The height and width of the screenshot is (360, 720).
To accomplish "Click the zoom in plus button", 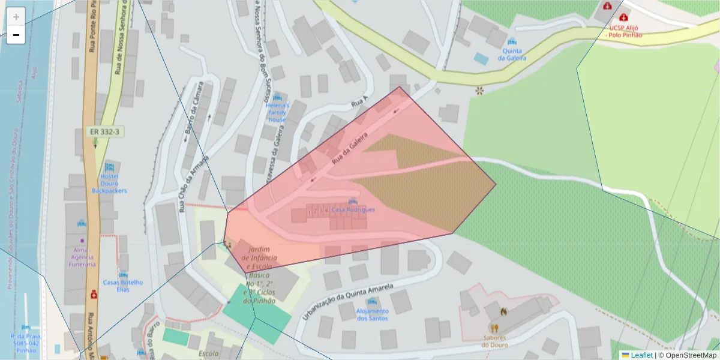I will coord(16,16).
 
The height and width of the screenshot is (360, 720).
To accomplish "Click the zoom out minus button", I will coord(16,35).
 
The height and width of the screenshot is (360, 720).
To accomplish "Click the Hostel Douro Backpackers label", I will coord(109,182).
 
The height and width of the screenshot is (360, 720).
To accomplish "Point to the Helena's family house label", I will coord(277,112).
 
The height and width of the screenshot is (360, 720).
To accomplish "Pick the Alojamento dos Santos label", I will coord(372,314).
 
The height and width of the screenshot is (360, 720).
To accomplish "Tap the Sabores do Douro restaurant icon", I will coord(494,328).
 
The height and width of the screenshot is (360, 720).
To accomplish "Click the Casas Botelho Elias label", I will coord(123,286).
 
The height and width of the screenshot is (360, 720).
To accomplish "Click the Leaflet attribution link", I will coord(641,355).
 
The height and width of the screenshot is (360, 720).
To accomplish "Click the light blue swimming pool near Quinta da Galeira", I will coord(481,59).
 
